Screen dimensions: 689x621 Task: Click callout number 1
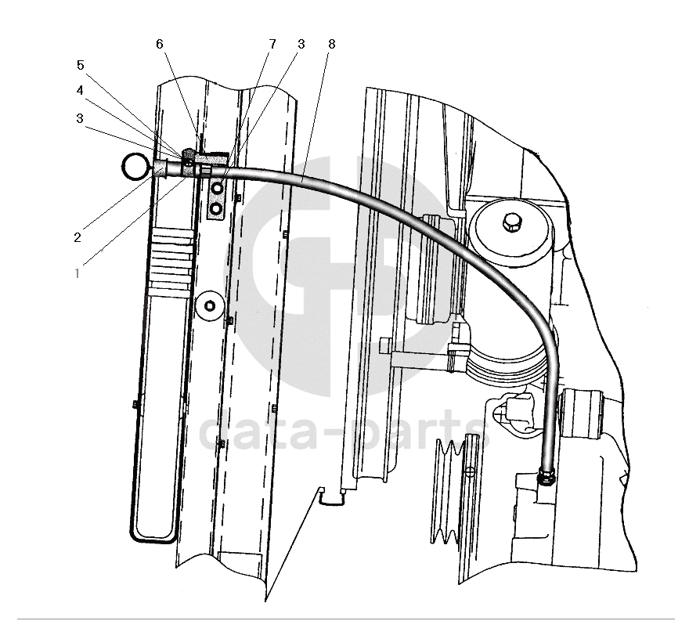(x=78, y=273)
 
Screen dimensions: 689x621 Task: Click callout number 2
(x=78, y=238)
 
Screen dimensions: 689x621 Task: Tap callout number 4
(x=80, y=91)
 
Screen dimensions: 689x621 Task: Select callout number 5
(x=80, y=66)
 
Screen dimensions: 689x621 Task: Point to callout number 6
(x=159, y=44)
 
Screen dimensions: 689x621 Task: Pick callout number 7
(x=272, y=44)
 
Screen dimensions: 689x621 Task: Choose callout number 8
(x=331, y=44)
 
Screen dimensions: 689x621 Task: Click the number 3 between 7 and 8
(x=301, y=44)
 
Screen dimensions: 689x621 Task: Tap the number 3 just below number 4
(x=80, y=119)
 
